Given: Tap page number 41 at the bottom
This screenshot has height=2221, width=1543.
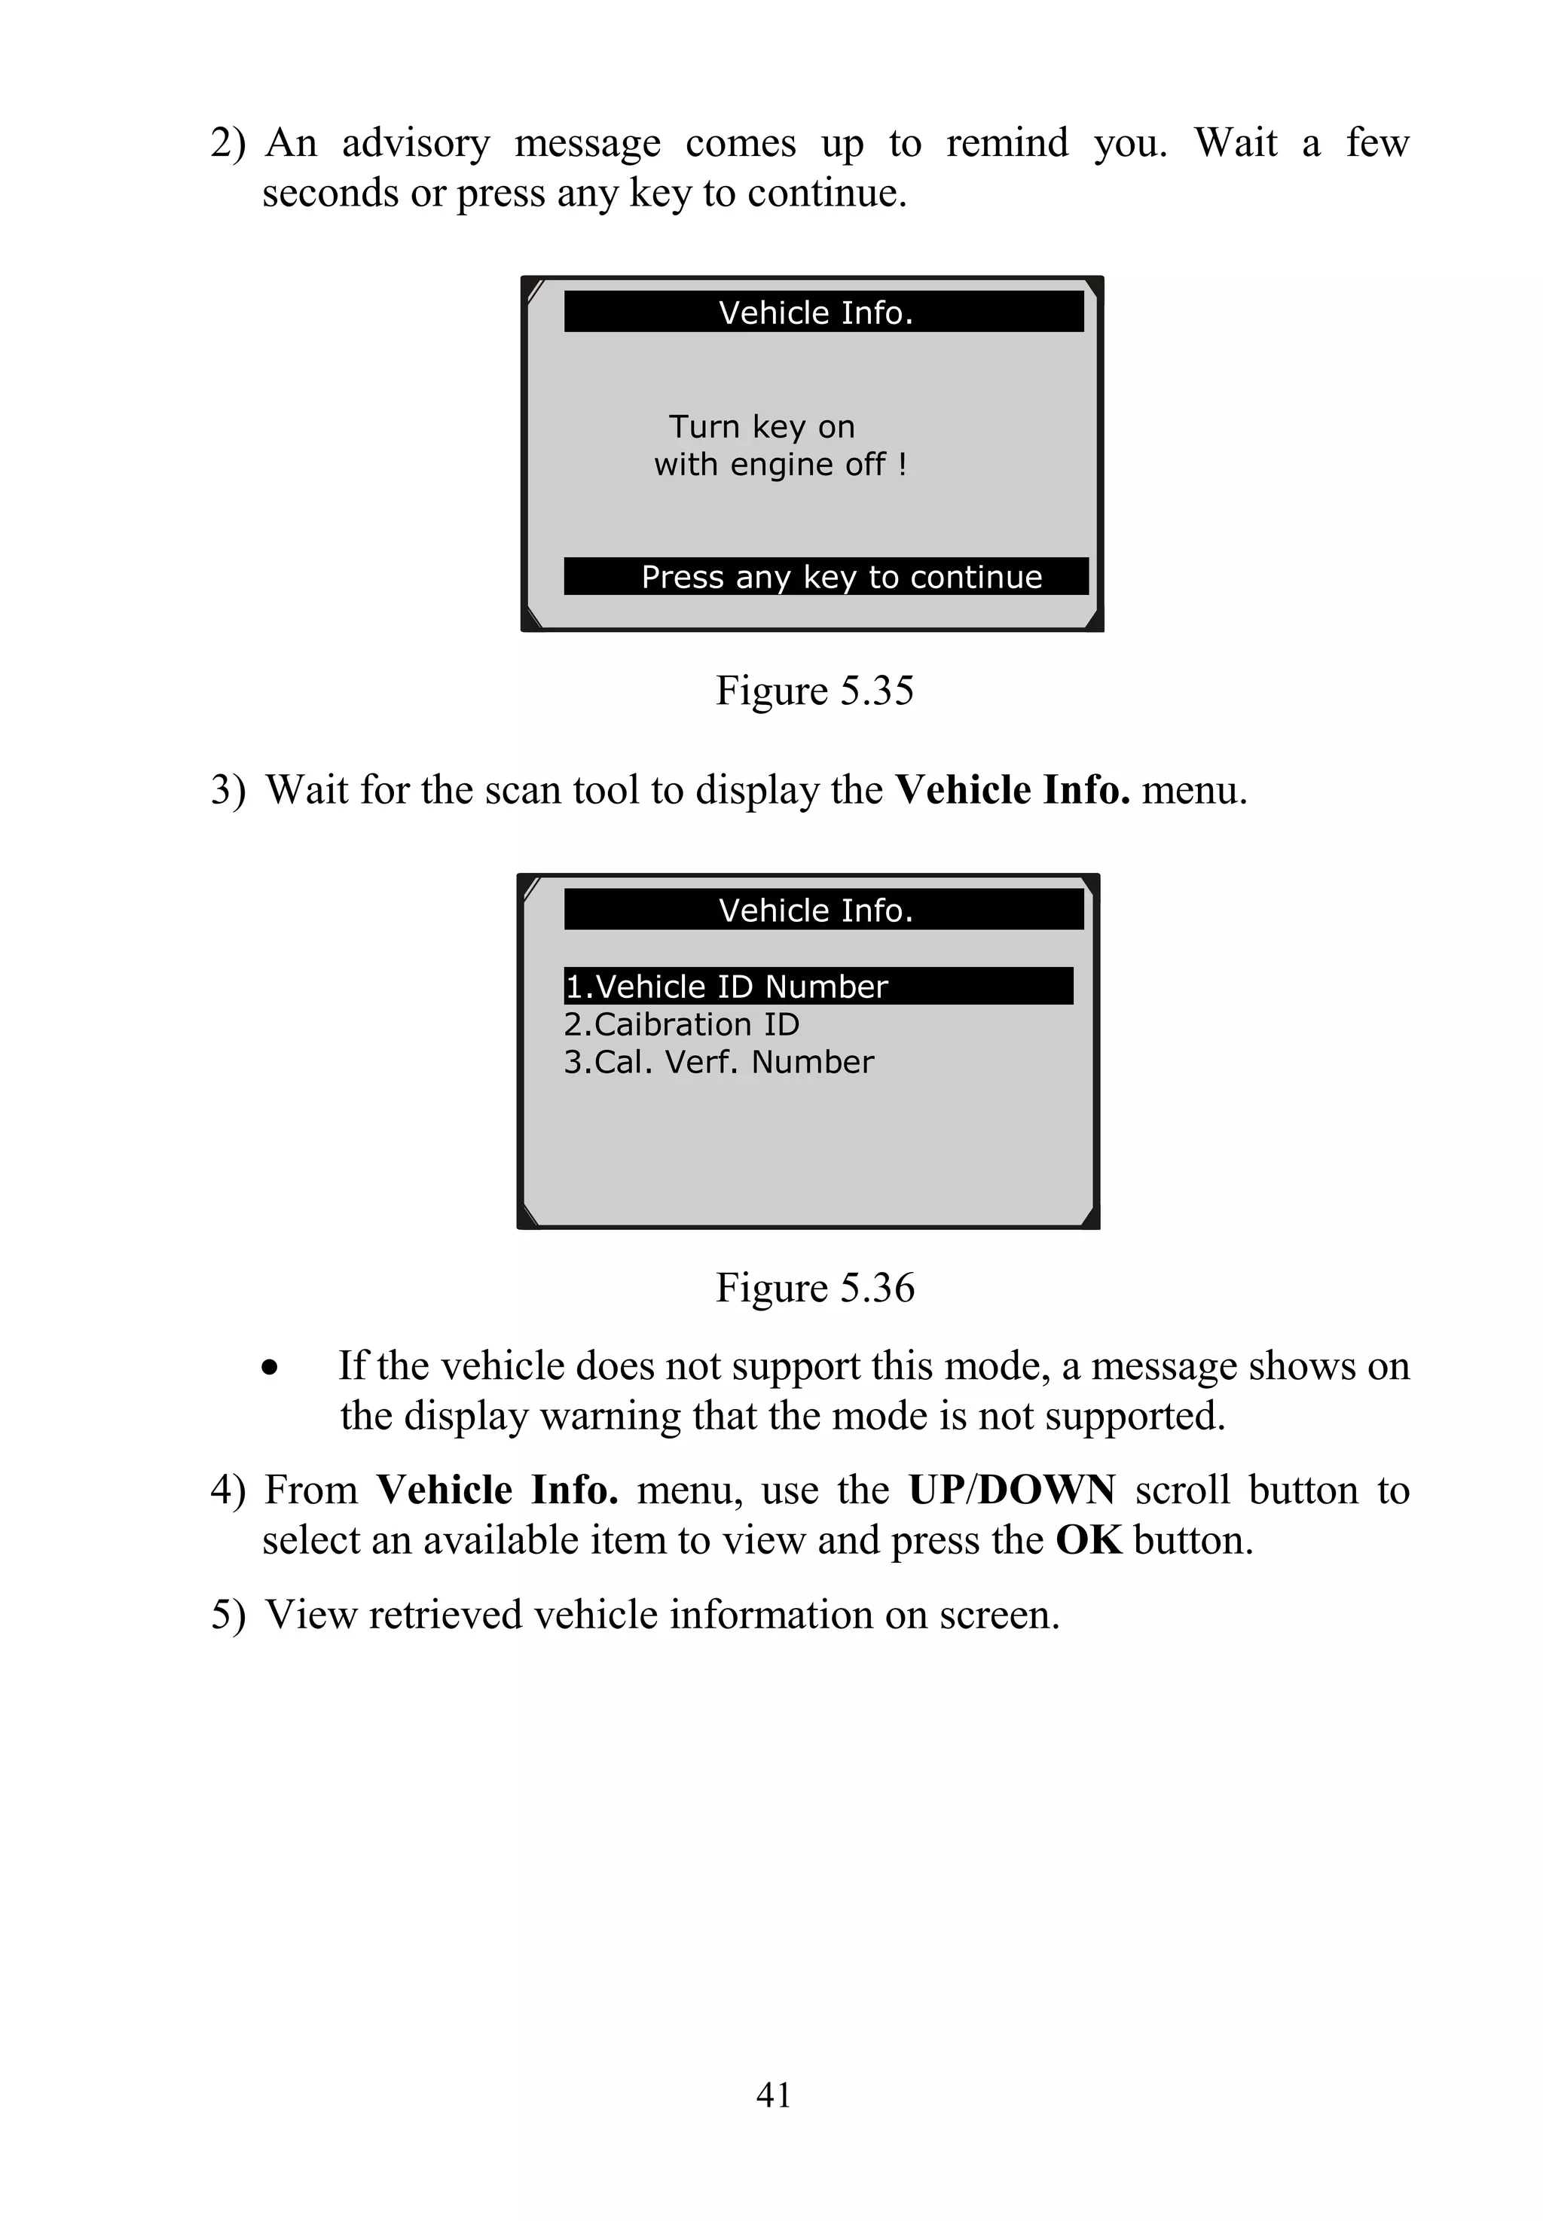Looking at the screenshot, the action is [x=774, y=2095].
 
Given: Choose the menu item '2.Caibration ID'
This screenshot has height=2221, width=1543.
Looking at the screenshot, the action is [x=682, y=1024].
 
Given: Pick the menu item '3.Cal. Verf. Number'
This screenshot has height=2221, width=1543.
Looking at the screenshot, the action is [x=718, y=1062].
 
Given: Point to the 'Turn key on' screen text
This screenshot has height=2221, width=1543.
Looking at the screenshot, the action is [x=762, y=426].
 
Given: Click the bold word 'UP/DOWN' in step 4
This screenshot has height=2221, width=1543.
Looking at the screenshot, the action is [x=1011, y=1490].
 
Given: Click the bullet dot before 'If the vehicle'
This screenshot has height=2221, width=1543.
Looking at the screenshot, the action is [x=270, y=1368].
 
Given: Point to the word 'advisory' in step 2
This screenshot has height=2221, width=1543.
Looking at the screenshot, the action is [x=416, y=143].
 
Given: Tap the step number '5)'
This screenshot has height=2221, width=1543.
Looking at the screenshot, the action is [x=228, y=1615].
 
